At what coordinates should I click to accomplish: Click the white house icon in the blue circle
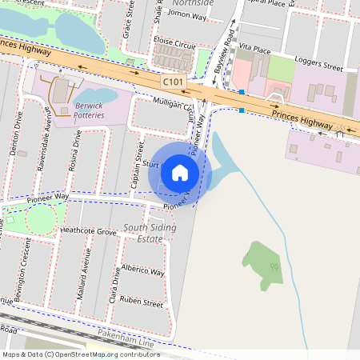pyautogui.click(x=180, y=173)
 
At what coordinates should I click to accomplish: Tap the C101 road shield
pyautogui.click(x=173, y=82)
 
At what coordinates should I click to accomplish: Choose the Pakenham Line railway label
pyautogui.click(x=124, y=341)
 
